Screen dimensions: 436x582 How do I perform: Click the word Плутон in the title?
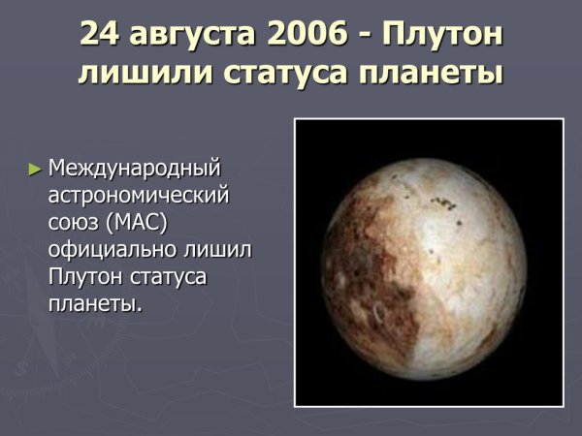coord(441,36)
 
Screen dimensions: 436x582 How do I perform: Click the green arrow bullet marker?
coord(36,169)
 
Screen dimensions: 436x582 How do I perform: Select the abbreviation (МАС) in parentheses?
coord(141,223)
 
